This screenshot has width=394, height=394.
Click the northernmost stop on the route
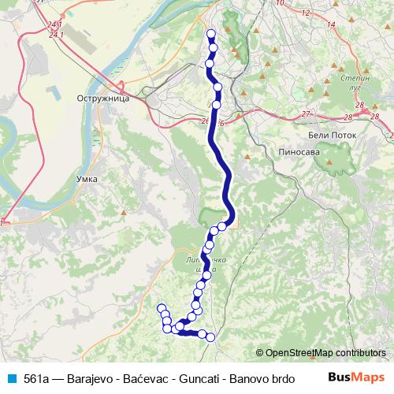click(210, 33)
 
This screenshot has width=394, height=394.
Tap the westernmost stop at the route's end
click(162, 308)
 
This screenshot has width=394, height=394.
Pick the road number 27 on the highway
click(306, 115)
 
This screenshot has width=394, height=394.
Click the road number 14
click(330, 25)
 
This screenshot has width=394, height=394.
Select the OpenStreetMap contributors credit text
click(325, 353)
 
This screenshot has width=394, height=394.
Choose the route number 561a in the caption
click(36, 378)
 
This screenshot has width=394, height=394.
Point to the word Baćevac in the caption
click(150, 378)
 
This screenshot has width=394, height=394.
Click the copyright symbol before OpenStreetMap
click(260, 353)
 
